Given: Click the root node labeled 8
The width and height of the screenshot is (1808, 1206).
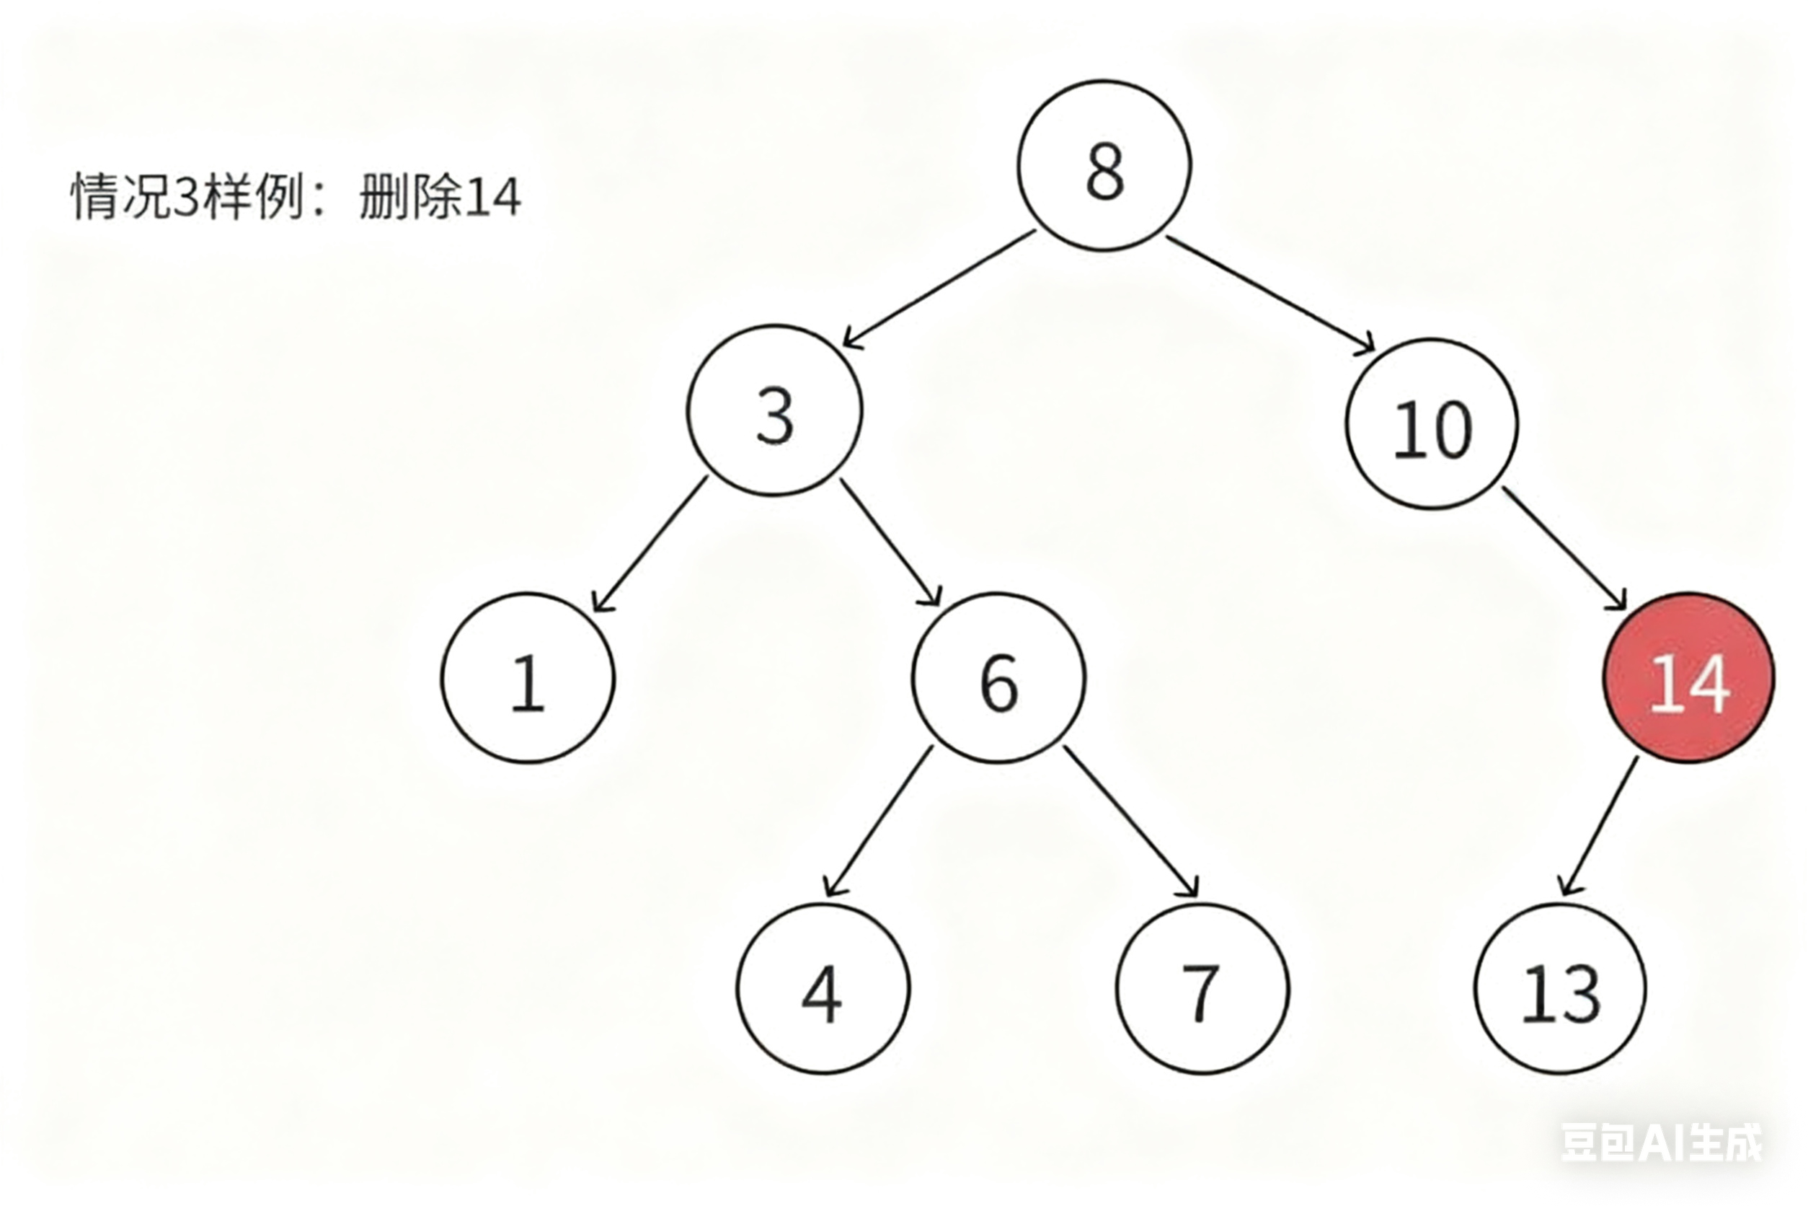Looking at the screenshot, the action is (1104, 166).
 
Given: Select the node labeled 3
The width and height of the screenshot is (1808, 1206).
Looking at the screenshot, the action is (775, 410).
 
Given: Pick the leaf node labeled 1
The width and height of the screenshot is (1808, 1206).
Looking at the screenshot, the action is (528, 678).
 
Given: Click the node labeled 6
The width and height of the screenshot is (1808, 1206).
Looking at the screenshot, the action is (999, 678).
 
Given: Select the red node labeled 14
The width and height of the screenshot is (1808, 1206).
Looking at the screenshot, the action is (1689, 678).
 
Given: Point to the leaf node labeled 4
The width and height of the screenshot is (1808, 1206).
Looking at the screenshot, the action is (823, 989).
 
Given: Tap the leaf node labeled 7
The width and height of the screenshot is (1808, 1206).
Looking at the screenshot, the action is (1202, 989).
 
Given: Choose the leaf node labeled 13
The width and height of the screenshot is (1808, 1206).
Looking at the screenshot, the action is (1561, 989).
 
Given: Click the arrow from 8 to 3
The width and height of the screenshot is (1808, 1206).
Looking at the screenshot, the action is (939, 289).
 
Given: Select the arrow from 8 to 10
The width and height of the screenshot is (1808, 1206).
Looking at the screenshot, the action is (1270, 294).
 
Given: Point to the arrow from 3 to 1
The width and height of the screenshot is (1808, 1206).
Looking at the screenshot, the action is (650, 545).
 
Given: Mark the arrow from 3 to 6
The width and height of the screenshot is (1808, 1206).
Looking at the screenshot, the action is (890, 542).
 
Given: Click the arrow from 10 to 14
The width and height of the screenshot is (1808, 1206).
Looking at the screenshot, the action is (1565, 547).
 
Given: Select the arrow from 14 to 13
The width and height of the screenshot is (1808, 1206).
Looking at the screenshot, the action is (1599, 826).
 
